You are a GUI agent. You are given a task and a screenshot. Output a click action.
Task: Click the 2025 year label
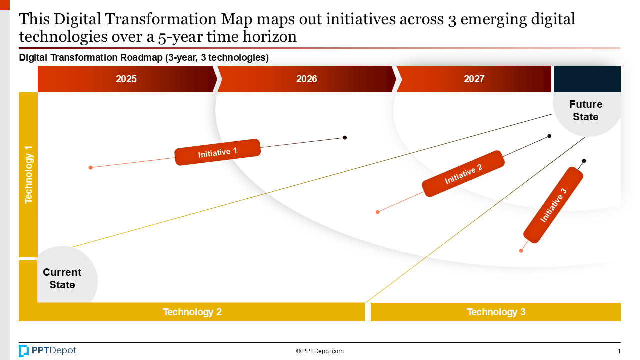point(126,79)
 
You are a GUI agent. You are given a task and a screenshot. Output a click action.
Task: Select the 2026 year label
point(306,79)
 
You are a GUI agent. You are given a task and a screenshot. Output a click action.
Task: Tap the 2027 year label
point(474,79)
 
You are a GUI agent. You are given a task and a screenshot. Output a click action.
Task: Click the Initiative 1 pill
point(218,152)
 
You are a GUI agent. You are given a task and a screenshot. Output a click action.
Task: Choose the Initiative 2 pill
point(463,174)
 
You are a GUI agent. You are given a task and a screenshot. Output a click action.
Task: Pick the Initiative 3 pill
point(553,205)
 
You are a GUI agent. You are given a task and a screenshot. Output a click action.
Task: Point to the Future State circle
point(586,111)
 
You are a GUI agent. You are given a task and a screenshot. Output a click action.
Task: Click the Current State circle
point(63,278)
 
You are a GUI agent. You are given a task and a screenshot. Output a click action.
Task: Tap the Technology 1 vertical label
point(28,175)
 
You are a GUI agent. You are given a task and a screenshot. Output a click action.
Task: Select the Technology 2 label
point(192,312)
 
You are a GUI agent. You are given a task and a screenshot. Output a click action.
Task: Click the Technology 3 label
point(496,312)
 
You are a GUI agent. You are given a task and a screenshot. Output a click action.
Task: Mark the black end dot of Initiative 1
point(345,137)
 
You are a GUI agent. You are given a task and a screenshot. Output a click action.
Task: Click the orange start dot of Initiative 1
point(90,168)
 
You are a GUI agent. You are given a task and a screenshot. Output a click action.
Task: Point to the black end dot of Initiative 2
point(549,136)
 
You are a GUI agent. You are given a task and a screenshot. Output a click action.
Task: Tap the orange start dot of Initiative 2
point(377,212)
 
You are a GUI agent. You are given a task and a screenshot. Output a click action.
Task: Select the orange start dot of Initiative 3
point(521,251)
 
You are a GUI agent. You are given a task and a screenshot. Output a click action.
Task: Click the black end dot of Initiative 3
point(584,161)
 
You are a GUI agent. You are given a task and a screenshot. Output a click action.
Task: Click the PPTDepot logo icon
point(24,351)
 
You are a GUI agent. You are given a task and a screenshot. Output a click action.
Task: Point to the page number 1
point(619,351)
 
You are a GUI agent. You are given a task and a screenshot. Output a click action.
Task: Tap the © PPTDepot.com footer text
point(320,351)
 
